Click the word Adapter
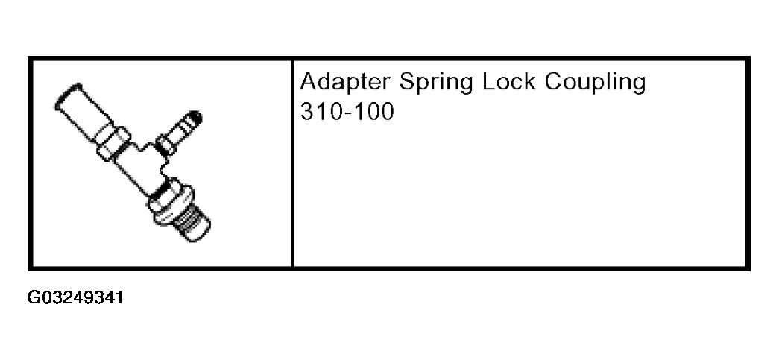(x=345, y=82)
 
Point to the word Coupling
(x=596, y=83)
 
